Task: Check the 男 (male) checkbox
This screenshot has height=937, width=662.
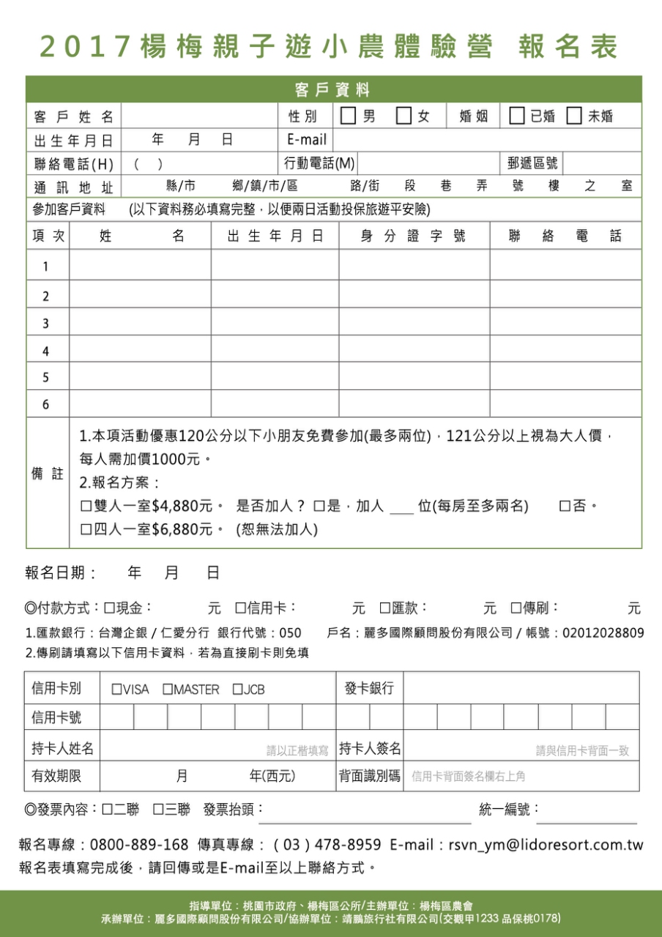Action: pyautogui.click(x=348, y=116)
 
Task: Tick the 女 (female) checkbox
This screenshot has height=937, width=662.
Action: pyautogui.click(x=403, y=116)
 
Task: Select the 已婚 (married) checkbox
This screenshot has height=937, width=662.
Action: pyautogui.click(x=516, y=116)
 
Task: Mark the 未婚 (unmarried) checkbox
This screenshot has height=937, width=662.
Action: pyautogui.click(x=574, y=116)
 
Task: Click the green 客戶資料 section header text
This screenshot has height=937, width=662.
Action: pyautogui.click(x=333, y=90)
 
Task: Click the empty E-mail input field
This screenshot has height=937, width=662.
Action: pyautogui.click(x=486, y=140)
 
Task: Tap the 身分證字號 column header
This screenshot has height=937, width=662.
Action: pyautogui.click(x=413, y=236)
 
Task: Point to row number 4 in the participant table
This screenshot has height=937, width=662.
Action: pyautogui.click(x=46, y=351)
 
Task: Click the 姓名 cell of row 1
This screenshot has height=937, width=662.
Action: pyautogui.click(x=140, y=266)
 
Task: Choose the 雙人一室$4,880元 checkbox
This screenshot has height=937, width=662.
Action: pyautogui.click(x=86, y=507)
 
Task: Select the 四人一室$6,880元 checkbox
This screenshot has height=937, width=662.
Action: pyautogui.click(x=86, y=529)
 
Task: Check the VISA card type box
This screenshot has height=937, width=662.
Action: pyautogui.click(x=116, y=690)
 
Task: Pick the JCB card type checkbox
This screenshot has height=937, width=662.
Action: pyautogui.click(x=237, y=690)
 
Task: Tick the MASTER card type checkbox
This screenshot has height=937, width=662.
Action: pyautogui.click(x=167, y=690)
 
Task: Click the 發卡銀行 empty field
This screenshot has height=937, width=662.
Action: pyautogui.click(x=521, y=688)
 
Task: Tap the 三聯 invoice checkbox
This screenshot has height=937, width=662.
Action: pyautogui.click(x=157, y=810)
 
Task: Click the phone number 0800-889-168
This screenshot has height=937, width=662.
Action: pyautogui.click(x=139, y=845)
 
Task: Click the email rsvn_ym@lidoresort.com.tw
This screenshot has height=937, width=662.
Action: pyautogui.click(x=546, y=845)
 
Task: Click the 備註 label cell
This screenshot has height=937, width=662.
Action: pyautogui.click(x=47, y=474)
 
